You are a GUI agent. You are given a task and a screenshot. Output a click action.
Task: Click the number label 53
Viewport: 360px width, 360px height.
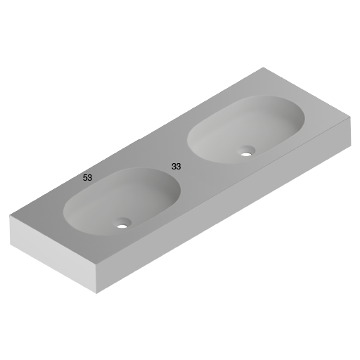(x=87, y=178)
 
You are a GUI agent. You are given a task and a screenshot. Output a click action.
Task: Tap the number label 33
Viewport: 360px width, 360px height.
(x=176, y=167)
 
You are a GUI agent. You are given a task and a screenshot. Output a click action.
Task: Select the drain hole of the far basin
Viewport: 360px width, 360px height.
(x=247, y=150)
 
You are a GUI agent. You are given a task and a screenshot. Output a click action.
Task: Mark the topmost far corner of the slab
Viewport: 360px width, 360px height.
(x=263, y=67)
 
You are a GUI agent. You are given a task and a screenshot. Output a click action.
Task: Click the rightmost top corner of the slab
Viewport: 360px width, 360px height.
(x=349, y=117)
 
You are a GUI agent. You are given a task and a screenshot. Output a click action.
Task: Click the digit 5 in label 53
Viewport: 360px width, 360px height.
(x=85, y=178)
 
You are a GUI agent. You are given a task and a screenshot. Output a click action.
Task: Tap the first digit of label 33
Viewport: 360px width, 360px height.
(x=174, y=167)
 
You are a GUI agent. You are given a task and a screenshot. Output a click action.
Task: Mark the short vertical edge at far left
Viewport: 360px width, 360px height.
(x=10, y=230)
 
